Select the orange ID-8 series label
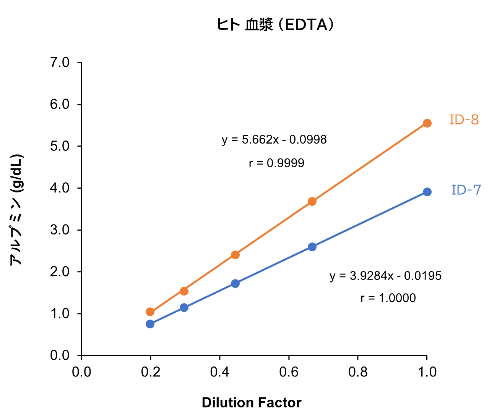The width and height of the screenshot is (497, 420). pyautogui.click(x=464, y=120)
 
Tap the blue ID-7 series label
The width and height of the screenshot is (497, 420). pyautogui.click(x=466, y=190)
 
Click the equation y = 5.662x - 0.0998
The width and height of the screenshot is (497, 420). pyautogui.click(x=274, y=140)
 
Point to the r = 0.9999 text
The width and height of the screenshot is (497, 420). pyautogui.click(x=276, y=163)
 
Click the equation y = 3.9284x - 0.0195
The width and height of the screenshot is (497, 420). pyautogui.click(x=385, y=276)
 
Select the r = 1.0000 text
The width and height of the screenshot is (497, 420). pyautogui.click(x=388, y=298)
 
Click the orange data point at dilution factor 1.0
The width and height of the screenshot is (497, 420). pyautogui.click(x=427, y=123)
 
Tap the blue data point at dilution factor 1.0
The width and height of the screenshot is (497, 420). pyautogui.click(x=427, y=192)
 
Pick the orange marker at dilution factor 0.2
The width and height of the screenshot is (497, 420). pyautogui.click(x=150, y=312)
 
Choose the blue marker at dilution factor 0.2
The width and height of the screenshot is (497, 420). pyautogui.click(x=150, y=324)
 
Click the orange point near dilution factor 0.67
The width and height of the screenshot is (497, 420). pyautogui.click(x=312, y=201)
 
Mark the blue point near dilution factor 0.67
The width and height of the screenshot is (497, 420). pyautogui.click(x=312, y=247)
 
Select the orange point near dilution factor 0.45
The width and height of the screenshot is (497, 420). pyautogui.click(x=235, y=255)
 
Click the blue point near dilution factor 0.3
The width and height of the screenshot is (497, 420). pyautogui.click(x=184, y=307)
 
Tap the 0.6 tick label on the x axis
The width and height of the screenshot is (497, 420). pyautogui.click(x=289, y=372)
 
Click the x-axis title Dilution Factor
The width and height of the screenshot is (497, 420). pyautogui.click(x=251, y=403)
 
